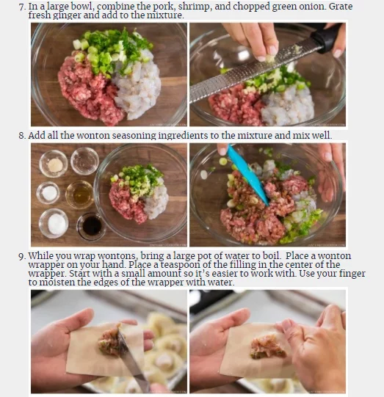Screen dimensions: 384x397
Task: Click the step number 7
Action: (22, 7)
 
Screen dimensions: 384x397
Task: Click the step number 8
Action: (22, 136)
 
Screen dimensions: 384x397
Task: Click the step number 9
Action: (22, 256)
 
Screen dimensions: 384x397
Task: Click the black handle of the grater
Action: (325, 37)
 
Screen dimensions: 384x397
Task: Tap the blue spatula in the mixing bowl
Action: (247, 175)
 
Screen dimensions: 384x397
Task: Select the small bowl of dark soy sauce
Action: (92, 226)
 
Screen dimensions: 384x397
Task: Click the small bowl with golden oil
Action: (80, 194)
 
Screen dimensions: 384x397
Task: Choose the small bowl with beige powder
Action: (54, 164)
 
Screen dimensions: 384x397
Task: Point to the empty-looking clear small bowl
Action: (84, 161)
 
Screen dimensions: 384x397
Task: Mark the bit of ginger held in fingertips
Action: (269, 59)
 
